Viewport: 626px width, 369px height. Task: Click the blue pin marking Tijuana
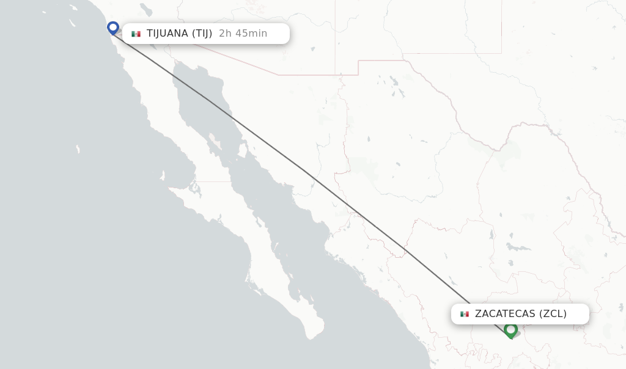(x=113, y=27)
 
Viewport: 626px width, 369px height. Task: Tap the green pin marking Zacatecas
(x=510, y=329)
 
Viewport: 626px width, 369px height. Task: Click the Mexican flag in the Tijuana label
(x=136, y=34)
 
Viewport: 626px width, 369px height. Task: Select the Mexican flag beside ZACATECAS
(x=465, y=314)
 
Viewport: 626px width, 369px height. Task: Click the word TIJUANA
(x=167, y=34)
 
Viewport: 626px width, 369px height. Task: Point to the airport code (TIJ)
(x=202, y=34)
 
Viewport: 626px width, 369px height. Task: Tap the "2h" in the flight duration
(x=225, y=34)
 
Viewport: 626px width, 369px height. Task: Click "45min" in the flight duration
(x=251, y=34)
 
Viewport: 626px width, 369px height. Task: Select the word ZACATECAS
(x=505, y=314)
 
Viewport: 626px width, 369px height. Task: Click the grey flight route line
(x=306, y=172)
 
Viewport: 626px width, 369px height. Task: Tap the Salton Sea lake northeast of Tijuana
(x=145, y=9)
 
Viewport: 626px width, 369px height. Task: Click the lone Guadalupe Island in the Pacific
(x=78, y=149)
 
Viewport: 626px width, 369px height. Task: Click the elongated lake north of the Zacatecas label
(x=518, y=248)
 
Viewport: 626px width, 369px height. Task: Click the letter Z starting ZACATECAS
(x=478, y=314)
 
